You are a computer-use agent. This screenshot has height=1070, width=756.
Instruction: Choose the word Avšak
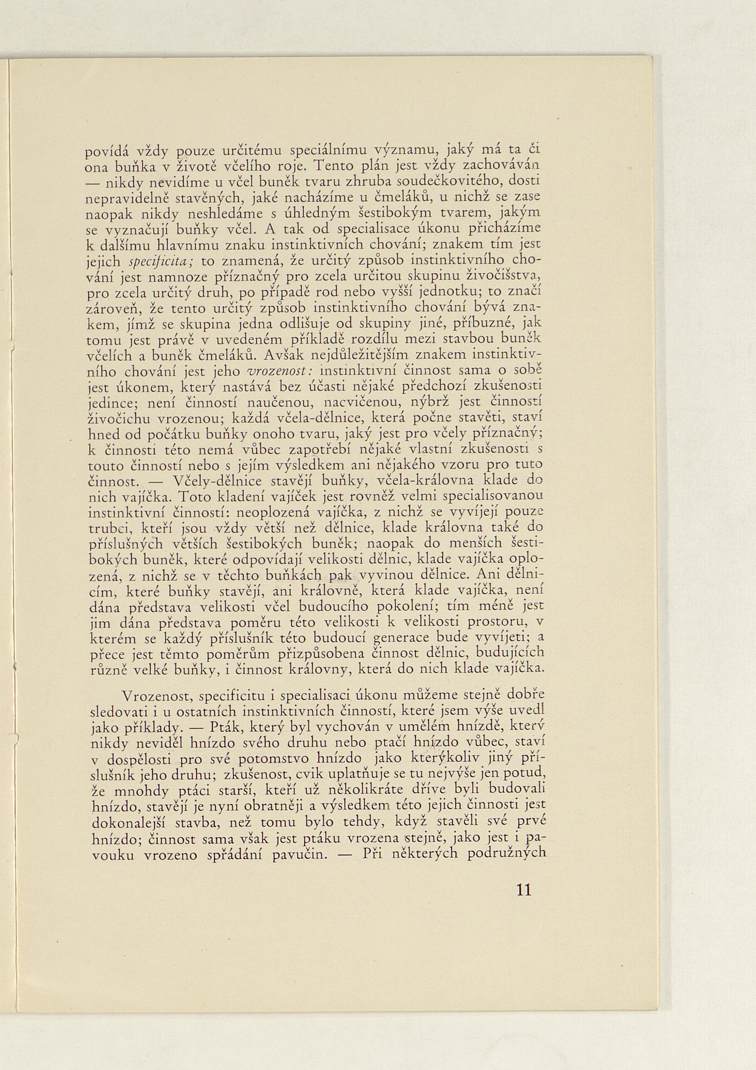pyautogui.click(x=282, y=355)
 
